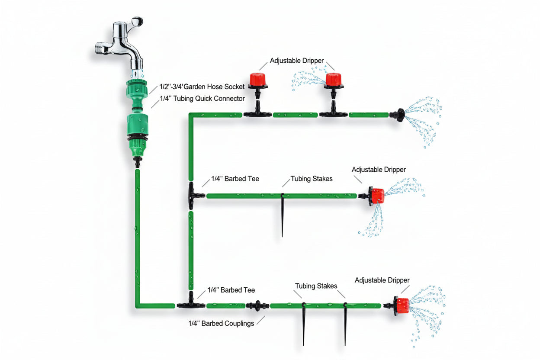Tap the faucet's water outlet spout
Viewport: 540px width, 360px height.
(137, 65)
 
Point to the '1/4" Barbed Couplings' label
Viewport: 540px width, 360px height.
(221, 323)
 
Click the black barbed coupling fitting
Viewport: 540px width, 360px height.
(257, 305)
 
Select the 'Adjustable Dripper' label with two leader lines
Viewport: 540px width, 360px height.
(296, 61)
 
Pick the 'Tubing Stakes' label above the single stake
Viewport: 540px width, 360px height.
(312, 178)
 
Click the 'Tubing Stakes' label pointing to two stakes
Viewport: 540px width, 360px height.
(316, 286)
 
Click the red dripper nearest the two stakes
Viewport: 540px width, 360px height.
(402, 305)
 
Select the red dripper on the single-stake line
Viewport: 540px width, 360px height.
(376, 196)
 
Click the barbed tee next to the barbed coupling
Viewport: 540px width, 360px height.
(191, 304)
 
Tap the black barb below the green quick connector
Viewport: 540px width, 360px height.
(137, 162)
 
